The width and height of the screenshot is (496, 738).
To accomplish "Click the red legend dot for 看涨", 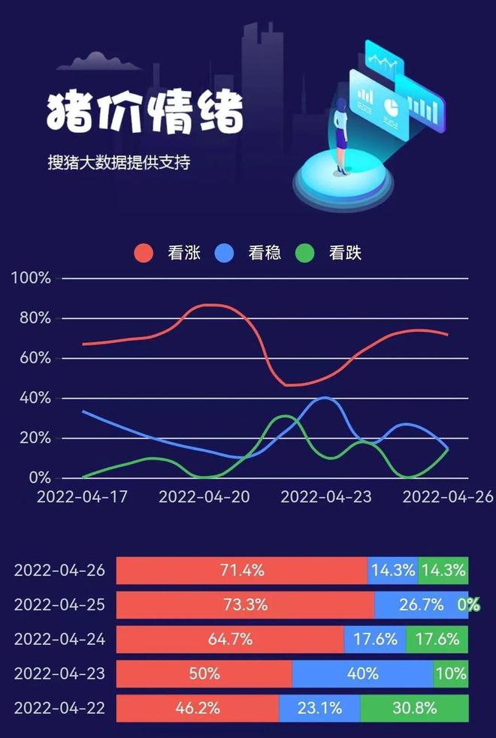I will coord(144,253).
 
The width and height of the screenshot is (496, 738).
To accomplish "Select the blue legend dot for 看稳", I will coord(225,253).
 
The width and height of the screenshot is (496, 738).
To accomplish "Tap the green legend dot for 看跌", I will coord(305,253).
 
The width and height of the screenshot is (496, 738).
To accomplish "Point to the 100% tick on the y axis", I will coord(31,279).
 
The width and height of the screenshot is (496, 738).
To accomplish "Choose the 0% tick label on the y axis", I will coord(38,477).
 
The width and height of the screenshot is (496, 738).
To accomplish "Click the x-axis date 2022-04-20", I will coord(204,497).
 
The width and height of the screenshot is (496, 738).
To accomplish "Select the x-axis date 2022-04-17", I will coord(82,497).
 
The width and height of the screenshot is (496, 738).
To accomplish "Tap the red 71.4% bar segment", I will coord(242,571).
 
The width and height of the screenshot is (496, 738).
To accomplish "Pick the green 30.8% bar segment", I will coord(414,708).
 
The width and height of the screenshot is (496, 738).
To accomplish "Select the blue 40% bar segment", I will coord(362,673).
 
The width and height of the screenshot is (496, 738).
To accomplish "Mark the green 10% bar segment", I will coord(451,673).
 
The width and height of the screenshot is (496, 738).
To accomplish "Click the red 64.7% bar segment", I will coord(230,640).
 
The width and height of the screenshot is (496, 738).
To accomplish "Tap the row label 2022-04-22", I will coord(59,708).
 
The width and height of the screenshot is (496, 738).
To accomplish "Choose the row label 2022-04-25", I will coord(59,605).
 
